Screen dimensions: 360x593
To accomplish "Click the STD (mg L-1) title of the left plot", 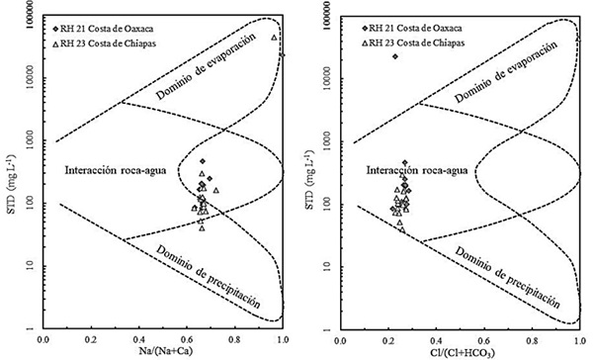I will (x=8, y=169).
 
